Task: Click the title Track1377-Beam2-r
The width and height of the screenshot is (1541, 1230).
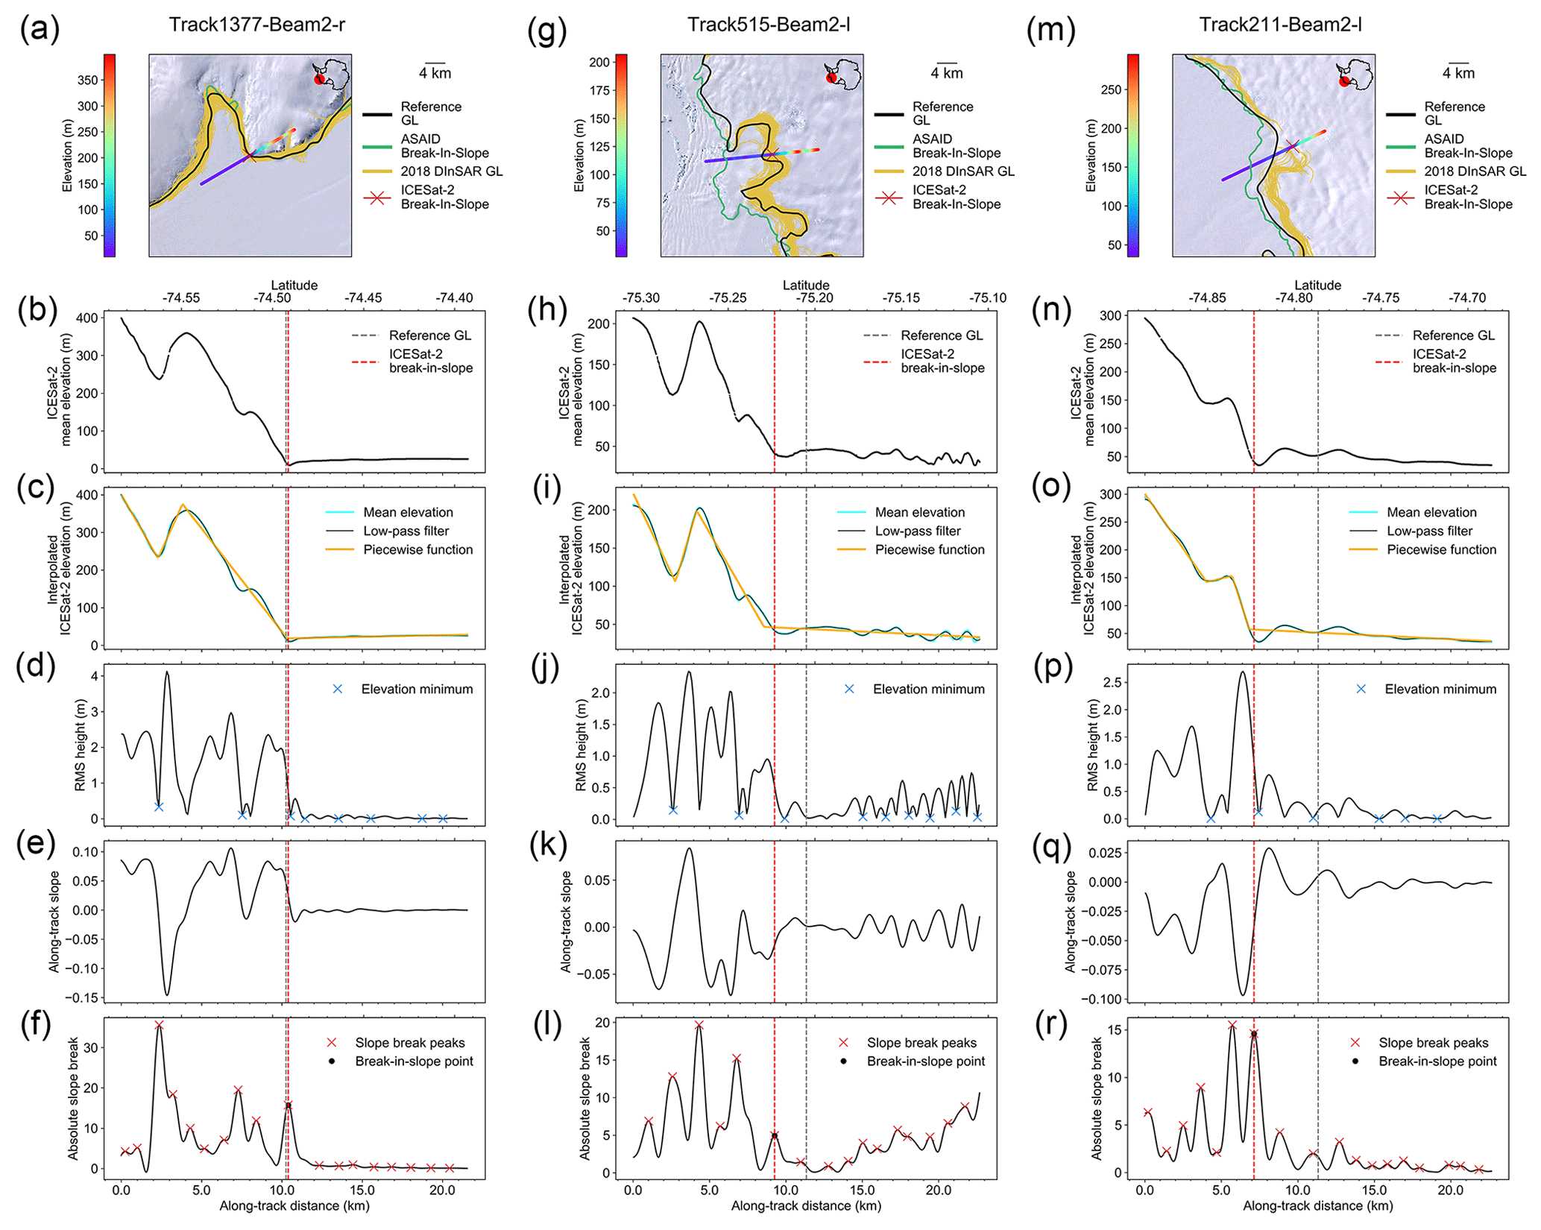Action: pyautogui.click(x=256, y=25)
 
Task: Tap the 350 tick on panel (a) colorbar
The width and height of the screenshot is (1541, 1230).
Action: pyautogui.click(x=88, y=81)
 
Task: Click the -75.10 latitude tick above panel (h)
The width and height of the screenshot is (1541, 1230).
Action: pyautogui.click(x=988, y=298)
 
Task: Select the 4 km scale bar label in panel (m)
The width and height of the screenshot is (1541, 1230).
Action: pyautogui.click(x=1458, y=73)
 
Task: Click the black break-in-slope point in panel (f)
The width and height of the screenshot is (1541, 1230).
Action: pyautogui.click(x=289, y=1105)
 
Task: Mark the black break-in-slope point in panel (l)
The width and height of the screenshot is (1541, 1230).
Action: pyautogui.click(x=775, y=1135)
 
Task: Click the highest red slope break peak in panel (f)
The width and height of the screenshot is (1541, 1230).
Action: pyautogui.click(x=159, y=1026)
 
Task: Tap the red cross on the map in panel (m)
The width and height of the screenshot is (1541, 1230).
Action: pyautogui.click(x=1291, y=147)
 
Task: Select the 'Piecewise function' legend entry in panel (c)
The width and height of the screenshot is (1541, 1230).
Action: pyautogui.click(x=417, y=549)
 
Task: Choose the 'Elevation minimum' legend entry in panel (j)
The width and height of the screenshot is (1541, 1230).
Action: pyautogui.click(x=928, y=689)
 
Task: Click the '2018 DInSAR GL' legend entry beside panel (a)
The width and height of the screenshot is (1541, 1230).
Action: pyautogui.click(x=452, y=171)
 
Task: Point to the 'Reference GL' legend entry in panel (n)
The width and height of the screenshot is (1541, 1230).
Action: pyautogui.click(x=1453, y=335)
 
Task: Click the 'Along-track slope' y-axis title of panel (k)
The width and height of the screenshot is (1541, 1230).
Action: pyautogui.click(x=566, y=921)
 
